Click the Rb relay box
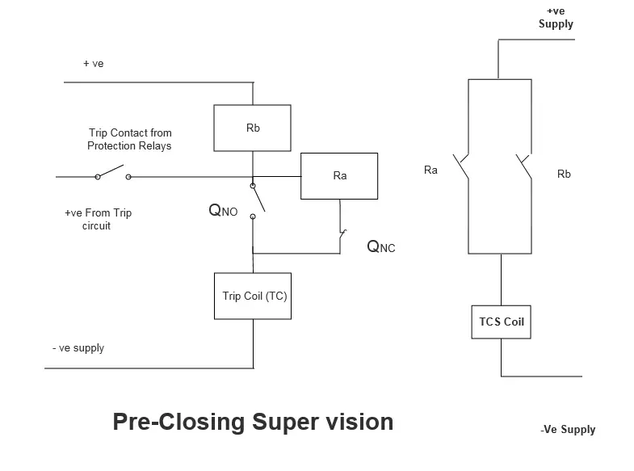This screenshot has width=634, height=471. (x=252, y=128)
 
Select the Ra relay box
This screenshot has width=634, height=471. (x=339, y=175)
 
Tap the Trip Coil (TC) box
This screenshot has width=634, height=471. (x=254, y=296)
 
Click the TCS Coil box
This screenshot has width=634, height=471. (x=502, y=322)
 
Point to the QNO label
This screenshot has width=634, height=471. (x=223, y=211)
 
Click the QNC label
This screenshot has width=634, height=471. (x=381, y=246)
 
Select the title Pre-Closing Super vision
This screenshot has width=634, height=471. (x=253, y=422)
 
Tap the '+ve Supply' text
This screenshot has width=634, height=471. (x=556, y=18)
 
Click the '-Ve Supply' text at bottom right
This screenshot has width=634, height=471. (x=568, y=429)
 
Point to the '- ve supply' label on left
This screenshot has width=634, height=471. (x=78, y=348)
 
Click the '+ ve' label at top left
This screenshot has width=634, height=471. (x=93, y=63)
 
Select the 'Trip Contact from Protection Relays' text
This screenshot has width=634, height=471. (x=129, y=139)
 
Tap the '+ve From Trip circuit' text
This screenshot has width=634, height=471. (x=98, y=219)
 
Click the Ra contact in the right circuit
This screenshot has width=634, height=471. (x=461, y=168)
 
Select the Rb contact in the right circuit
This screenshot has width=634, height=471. (x=523, y=167)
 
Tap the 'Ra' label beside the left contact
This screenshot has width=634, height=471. (x=430, y=170)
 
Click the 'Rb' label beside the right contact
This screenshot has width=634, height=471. (x=564, y=174)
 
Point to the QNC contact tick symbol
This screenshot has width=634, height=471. (x=342, y=235)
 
